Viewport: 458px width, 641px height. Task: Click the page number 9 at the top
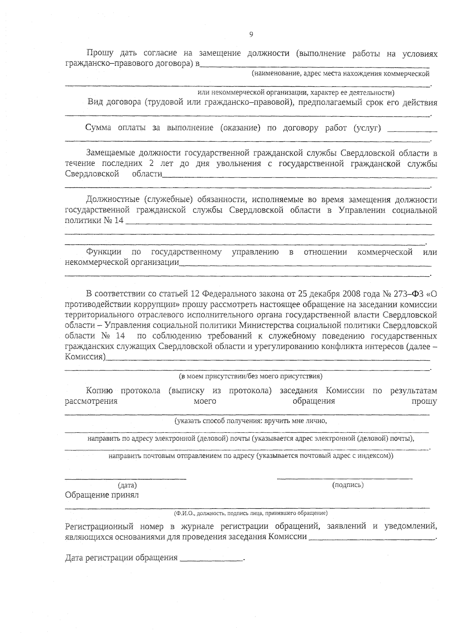251,35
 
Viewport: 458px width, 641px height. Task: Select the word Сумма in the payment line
98,128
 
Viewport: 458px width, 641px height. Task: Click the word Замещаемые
109,153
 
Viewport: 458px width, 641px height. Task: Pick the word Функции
103,252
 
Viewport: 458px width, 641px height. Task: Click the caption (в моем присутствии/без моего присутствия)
251,377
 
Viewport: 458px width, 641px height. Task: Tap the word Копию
99,391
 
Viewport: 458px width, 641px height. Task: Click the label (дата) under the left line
127,485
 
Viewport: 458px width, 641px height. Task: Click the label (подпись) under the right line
348,485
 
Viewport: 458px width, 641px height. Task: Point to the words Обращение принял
102,495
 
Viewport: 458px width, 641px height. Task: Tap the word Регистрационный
99,527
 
